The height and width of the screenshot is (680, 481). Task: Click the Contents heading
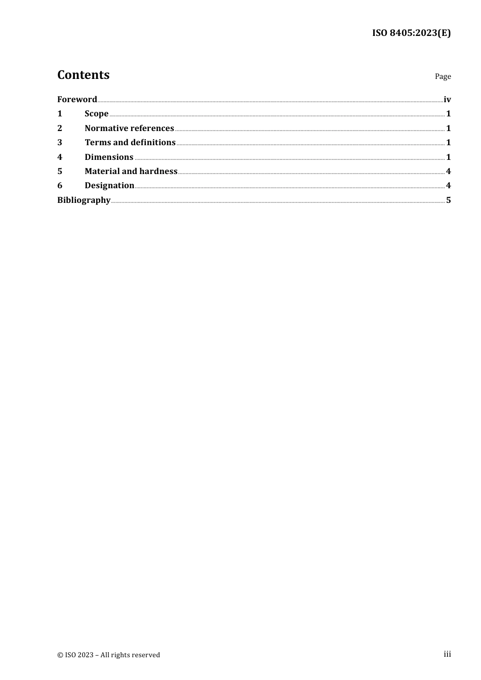pos(83,75)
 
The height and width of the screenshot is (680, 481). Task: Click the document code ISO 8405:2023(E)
pos(411,33)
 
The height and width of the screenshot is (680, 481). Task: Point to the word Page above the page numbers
pos(443,76)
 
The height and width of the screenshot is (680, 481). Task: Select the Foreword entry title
pos(77,99)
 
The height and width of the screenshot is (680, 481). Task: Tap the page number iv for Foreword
pos(447,99)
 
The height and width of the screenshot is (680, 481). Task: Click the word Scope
pos(96,114)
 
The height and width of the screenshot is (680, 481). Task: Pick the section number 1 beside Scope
pos(60,114)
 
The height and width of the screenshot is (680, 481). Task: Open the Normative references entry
pos(129,128)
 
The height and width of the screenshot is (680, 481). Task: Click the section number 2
pos(60,128)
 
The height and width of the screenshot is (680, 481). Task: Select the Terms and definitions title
pos(130,143)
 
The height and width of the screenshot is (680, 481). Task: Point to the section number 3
pos(60,143)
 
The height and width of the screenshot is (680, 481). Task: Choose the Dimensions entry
pos(109,157)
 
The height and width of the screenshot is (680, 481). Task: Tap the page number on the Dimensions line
pos(448,157)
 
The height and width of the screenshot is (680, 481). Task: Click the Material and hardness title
pos(131,171)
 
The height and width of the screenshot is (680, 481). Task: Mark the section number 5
pos(60,171)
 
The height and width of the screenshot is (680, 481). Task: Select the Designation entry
pos(109,186)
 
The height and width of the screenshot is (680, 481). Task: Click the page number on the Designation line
pos(448,186)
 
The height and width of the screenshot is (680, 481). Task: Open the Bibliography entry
pos(84,200)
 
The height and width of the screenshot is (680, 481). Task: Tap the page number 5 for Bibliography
pos(448,200)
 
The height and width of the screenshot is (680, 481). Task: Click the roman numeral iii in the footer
pos(447,654)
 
